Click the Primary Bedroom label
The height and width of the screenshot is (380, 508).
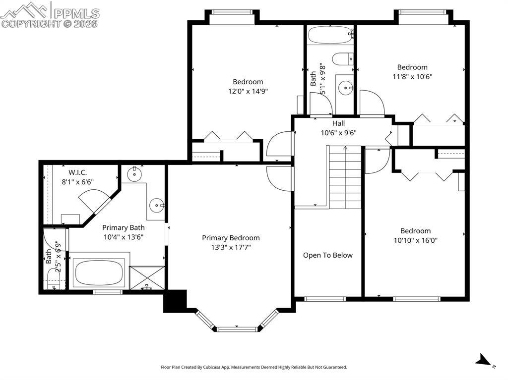[x=231, y=238]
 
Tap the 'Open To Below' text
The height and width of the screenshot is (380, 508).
[x=328, y=255]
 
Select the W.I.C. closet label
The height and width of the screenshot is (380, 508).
[x=78, y=172]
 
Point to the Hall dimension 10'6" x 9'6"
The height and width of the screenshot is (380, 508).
[x=338, y=132]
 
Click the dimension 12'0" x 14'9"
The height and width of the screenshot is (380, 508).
[x=248, y=91]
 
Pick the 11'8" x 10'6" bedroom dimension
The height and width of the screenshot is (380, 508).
[x=412, y=76]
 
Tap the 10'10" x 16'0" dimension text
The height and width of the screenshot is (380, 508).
[x=415, y=240]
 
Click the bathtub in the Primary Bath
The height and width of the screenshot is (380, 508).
[x=98, y=272]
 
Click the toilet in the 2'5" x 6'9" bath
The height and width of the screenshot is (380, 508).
[x=54, y=281]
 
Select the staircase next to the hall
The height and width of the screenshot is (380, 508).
[x=345, y=177]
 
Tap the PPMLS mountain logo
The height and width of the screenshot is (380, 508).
[x=25, y=10]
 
